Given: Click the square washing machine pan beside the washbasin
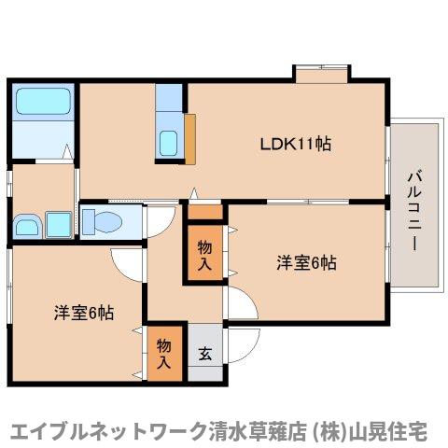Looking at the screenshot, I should click(59, 224).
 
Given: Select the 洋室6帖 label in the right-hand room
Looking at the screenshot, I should click(305, 263).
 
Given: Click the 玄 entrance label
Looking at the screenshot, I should click(205, 353).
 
